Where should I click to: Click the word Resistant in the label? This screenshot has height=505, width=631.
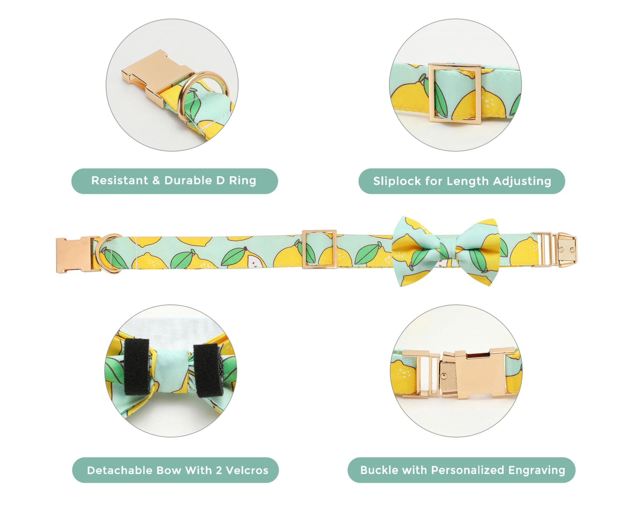click(120, 181)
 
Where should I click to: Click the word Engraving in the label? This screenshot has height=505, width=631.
click(536, 470)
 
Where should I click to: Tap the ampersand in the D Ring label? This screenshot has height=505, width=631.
click(156, 181)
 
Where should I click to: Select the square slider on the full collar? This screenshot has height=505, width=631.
click(319, 249)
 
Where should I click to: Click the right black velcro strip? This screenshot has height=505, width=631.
click(207, 370)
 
